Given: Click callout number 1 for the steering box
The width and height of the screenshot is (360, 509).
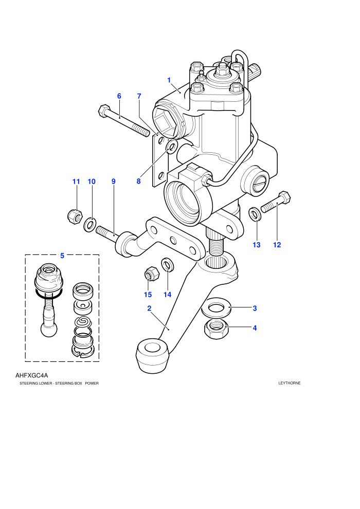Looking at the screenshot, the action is click(x=169, y=80).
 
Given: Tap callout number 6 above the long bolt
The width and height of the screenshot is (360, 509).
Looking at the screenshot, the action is click(x=119, y=96).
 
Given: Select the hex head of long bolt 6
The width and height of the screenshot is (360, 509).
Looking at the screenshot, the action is click(x=104, y=111).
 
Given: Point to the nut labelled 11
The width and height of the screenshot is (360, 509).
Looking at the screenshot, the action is click(x=76, y=215).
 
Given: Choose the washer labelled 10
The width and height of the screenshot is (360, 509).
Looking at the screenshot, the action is click(x=90, y=225).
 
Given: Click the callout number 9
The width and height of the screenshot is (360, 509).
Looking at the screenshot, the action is click(x=113, y=181).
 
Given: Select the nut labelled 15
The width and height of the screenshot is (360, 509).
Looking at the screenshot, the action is click(x=151, y=273).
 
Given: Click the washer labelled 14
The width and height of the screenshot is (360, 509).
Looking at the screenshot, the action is click(x=167, y=264).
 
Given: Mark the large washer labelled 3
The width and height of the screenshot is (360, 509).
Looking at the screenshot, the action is click(x=216, y=307).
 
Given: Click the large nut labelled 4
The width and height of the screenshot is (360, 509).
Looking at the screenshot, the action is click(x=216, y=329).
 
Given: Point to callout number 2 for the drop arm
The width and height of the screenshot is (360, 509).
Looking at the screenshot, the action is click(x=149, y=308).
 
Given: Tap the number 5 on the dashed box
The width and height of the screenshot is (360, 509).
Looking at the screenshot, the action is click(x=62, y=256).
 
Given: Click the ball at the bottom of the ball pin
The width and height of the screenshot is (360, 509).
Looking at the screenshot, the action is click(x=49, y=329).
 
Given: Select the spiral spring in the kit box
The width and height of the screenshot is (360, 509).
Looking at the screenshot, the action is click(x=83, y=322).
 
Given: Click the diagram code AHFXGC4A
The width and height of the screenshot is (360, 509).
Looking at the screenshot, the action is click(x=32, y=375).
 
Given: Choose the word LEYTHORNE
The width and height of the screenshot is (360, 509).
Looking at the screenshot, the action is click(x=290, y=383).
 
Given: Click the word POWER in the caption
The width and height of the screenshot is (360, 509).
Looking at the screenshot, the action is click(x=92, y=384).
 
